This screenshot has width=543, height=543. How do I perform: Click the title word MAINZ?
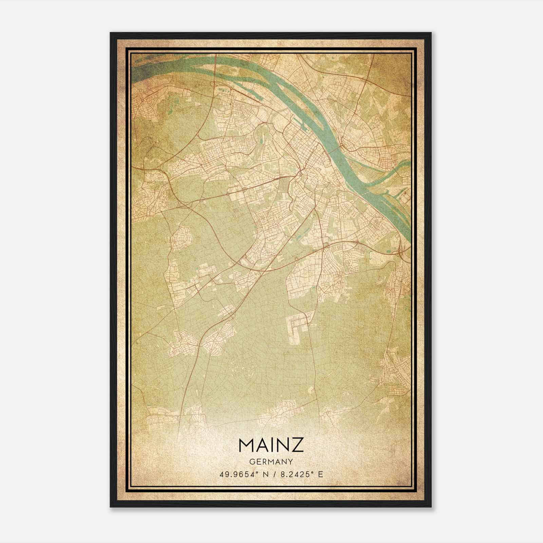(271, 445)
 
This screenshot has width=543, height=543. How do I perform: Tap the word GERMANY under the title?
(271, 462)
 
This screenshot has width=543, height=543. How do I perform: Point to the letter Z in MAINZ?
(298, 445)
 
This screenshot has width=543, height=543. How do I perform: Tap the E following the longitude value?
(321, 474)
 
